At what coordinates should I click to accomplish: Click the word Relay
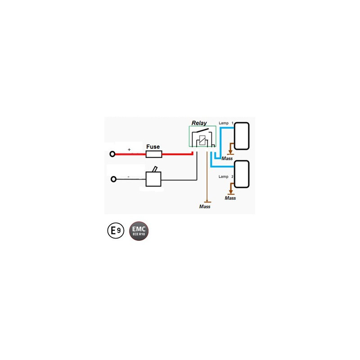point(199,123)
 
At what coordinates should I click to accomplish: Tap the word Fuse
point(153,147)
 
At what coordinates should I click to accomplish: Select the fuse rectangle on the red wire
point(154,154)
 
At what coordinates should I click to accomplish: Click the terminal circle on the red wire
point(112,154)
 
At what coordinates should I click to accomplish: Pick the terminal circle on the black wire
point(113,179)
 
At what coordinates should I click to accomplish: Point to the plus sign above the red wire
point(129,149)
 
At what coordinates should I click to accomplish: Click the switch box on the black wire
point(153,179)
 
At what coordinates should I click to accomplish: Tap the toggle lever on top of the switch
point(155,169)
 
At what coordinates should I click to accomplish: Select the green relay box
point(202,126)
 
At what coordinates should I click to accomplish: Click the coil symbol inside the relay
point(202,140)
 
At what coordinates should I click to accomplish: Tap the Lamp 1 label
point(226,123)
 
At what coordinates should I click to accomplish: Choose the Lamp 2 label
point(226,176)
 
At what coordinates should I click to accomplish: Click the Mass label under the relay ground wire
point(205,207)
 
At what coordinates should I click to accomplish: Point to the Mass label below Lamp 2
point(230,198)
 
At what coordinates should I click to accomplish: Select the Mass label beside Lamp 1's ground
point(227,158)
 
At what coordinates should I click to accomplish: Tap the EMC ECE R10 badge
point(139,231)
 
